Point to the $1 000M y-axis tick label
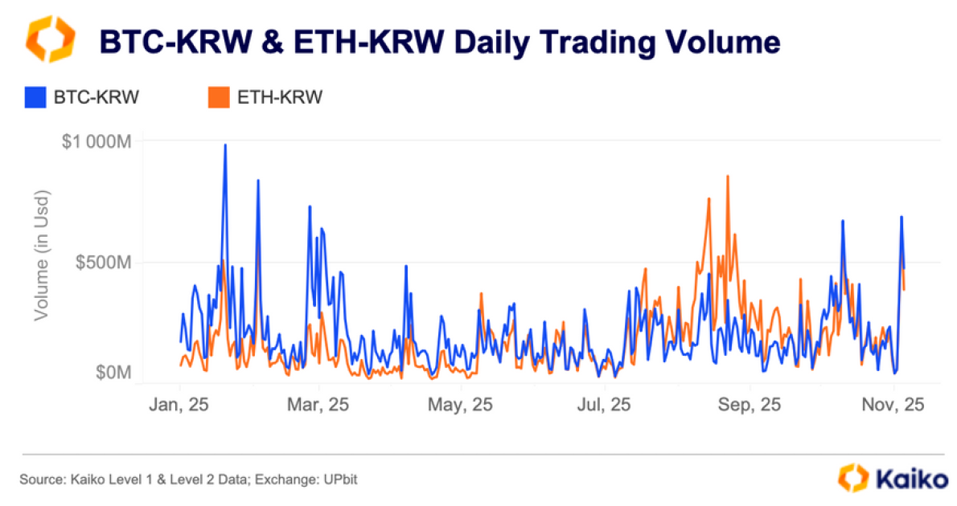click(x=97, y=141)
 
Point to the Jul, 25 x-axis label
click(x=605, y=406)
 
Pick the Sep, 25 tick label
click(x=748, y=406)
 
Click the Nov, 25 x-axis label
click(x=893, y=406)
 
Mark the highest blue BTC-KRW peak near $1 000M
click(x=225, y=145)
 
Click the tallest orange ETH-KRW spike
click(x=728, y=176)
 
